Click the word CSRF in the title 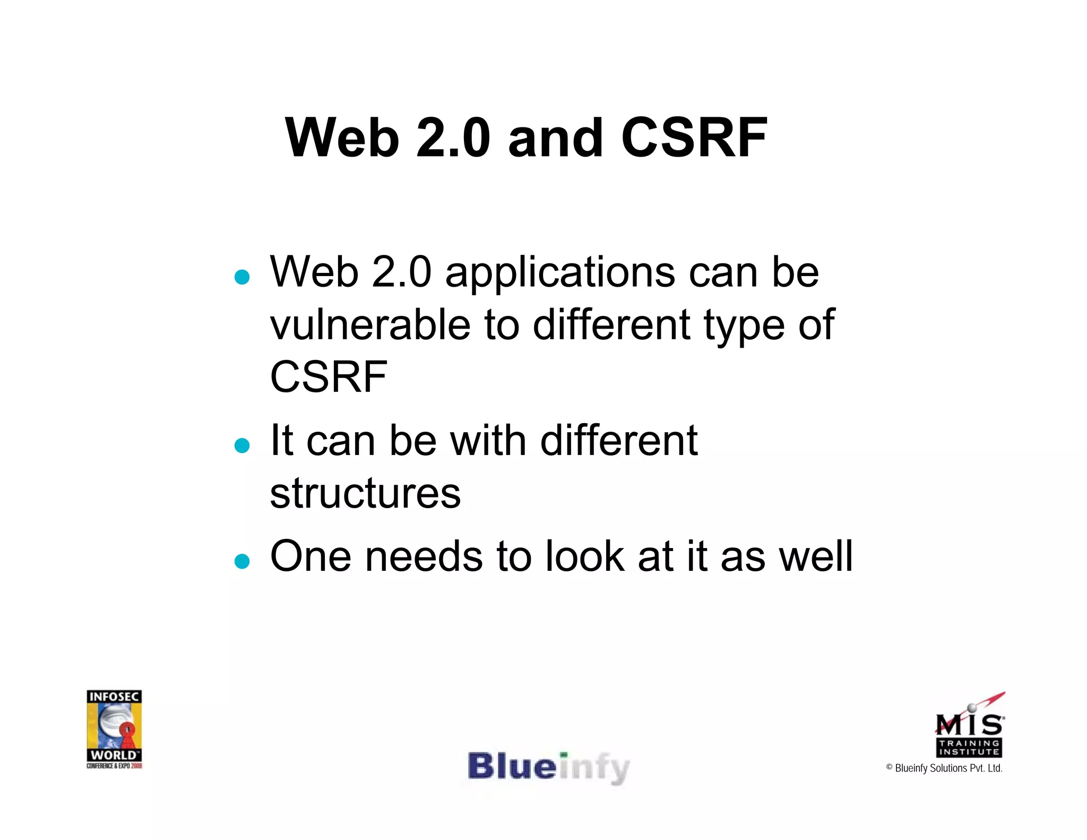click(x=694, y=138)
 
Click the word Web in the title click(x=342, y=138)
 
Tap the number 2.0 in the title click(x=453, y=138)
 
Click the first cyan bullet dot click(x=242, y=277)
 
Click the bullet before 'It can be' click(x=242, y=445)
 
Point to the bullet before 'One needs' click(x=242, y=561)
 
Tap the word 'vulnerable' click(x=370, y=325)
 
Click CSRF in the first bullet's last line click(x=329, y=377)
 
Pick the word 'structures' click(x=365, y=493)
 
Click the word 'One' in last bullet click(x=310, y=556)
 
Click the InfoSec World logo click(x=114, y=728)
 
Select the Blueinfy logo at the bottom click(x=549, y=768)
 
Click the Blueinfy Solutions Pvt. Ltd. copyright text click(x=944, y=768)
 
